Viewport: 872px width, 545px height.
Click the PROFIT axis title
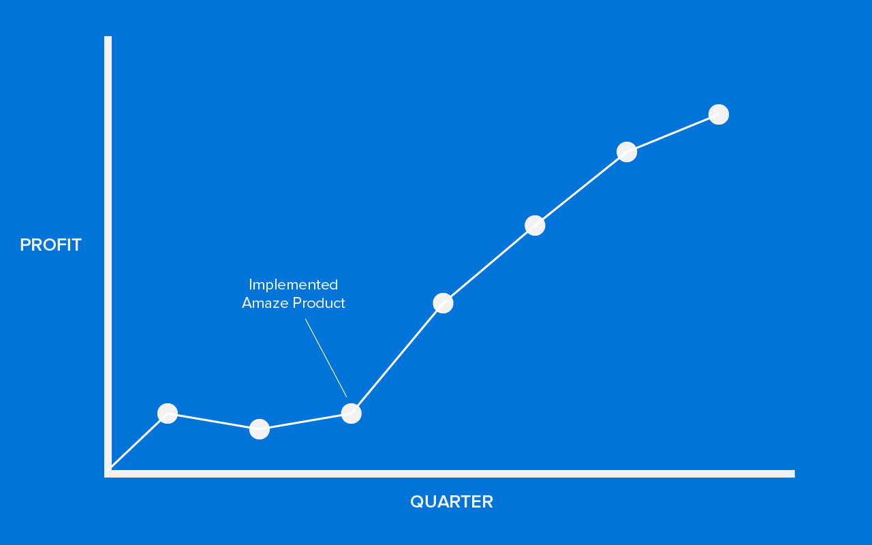(x=50, y=245)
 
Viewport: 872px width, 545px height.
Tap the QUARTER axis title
(x=452, y=501)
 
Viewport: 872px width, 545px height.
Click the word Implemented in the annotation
(x=293, y=285)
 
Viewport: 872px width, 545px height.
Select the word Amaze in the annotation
(x=265, y=303)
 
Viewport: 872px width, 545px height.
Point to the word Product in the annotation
(x=319, y=303)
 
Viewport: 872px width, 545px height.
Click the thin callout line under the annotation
(x=326, y=358)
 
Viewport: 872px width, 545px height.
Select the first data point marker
(x=168, y=414)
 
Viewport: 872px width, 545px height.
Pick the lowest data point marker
(x=260, y=429)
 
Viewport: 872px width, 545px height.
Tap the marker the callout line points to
(x=351, y=413)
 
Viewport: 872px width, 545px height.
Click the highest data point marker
(x=719, y=114)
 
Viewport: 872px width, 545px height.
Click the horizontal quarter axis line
(x=450, y=473)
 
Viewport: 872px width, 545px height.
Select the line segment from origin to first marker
(x=138, y=441)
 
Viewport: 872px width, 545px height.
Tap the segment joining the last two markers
(x=672, y=133)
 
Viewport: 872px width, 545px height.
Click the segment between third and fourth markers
(x=397, y=358)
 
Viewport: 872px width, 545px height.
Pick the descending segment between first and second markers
(x=213, y=421)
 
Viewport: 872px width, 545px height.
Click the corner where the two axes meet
(x=108, y=473)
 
